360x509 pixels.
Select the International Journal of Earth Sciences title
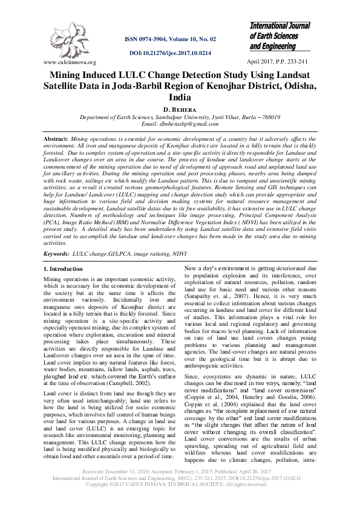[x=280, y=36]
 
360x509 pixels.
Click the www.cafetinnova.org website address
[x=70, y=62]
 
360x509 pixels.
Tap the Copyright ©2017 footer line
[x=180, y=501]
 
